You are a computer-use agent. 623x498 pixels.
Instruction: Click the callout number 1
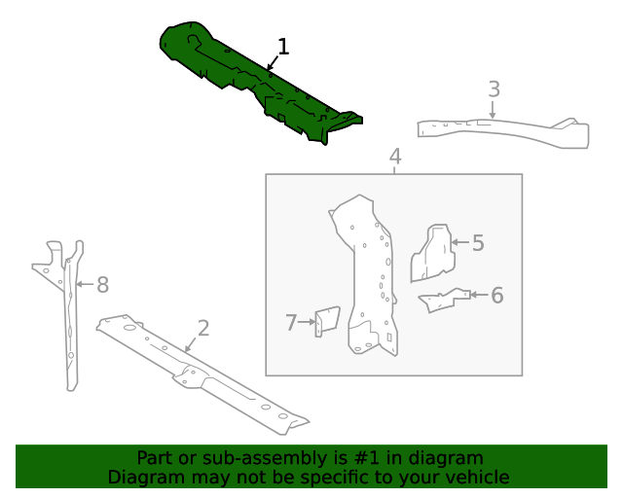pyautogui.click(x=283, y=47)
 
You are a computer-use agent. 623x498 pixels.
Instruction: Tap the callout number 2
pyautogui.click(x=202, y=328)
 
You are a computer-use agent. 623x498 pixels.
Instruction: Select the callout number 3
pyautogui.click(x=494, y=89)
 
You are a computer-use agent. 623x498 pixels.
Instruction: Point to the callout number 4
pyautogui.click(x=394, y=156)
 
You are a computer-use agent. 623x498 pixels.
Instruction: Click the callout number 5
pyautogui.click(x=477, y=243)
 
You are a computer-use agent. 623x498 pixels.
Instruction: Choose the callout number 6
pyautogui.click(x=496, y=295)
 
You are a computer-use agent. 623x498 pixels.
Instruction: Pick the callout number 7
pyautogui.click(x=290, y=322)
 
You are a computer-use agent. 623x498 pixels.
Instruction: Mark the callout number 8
pyautogui.click(x=102, y=285)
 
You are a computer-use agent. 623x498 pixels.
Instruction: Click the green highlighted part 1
pyautogui.click(x=243, y=83)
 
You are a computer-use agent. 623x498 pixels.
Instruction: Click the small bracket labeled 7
pyautogui.click(x=326, y=322)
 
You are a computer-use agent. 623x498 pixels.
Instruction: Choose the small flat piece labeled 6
pyautogui.click(x=443, y=301)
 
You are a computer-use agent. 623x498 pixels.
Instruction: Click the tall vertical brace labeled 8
pyautogui.click(x=69, y=321)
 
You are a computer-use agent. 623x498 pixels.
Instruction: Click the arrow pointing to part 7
pyautogui.click(x=306, y=322)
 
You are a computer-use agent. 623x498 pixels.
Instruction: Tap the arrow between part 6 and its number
pyautogui.click(x=478, y=294)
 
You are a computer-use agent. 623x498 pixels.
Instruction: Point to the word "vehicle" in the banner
pyautogui.click(x=476, y=477)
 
